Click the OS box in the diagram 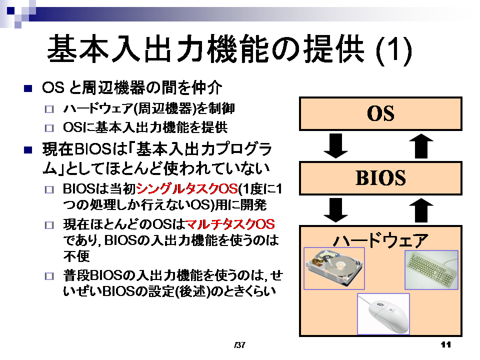(380, 114)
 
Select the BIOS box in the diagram (380, 178)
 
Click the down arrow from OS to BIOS (336, 146)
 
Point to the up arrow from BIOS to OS (421, 146)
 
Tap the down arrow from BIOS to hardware (336, 210)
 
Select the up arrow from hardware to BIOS (421, 210)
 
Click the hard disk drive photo (334, 268)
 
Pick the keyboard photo (431, 269)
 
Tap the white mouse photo (383, 314)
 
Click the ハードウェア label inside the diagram (380, 240)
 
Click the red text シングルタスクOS (187, 188)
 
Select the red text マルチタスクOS (230, 224)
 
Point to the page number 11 (445, 344)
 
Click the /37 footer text (239, 345)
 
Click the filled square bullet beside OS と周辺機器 (28, 89)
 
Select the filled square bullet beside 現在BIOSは (28, 150)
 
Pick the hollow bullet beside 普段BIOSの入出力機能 (49, 276)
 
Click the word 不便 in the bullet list (76, 256)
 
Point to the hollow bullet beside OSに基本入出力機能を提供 (49, 128)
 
